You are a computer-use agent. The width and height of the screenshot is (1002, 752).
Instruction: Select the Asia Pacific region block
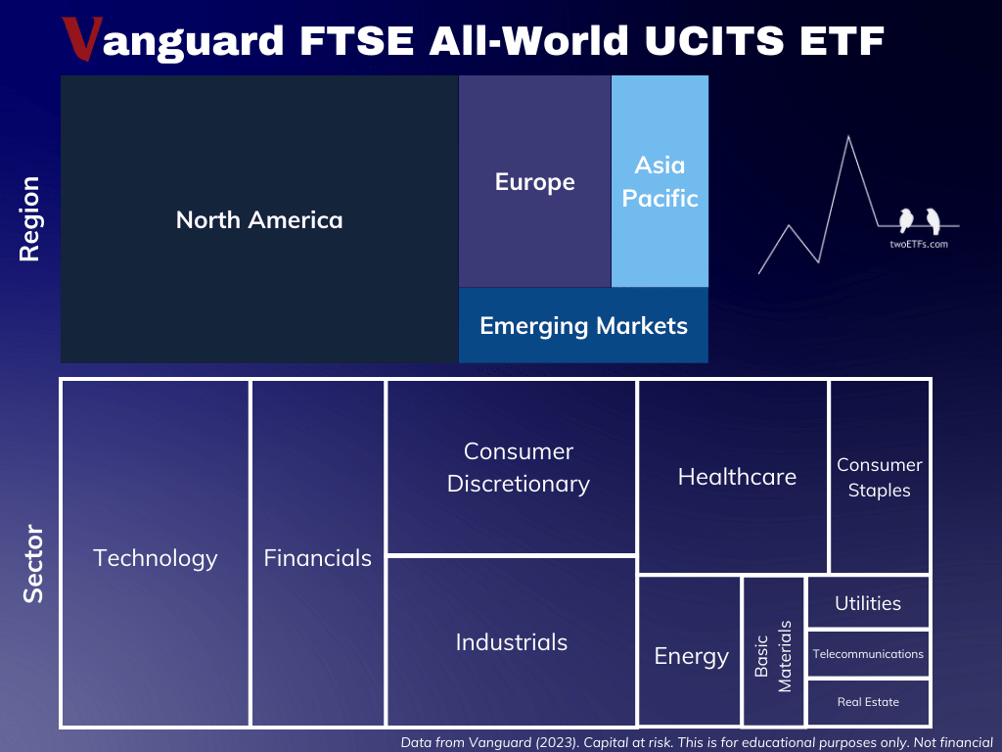click(x=660, y=181)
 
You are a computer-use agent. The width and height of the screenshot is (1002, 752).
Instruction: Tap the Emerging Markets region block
click(x=583, y=325)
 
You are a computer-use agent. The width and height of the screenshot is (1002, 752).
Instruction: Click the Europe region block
click(x=534, y=182)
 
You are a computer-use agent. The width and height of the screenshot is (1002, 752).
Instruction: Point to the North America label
click(x=259, y=219)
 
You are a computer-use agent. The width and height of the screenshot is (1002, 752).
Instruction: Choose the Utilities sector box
click(x=868, y=603)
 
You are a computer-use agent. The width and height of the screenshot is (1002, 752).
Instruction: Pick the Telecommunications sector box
click(x=868, y=654)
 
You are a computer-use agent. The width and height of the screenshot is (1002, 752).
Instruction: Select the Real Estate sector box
click(x=868, y=702)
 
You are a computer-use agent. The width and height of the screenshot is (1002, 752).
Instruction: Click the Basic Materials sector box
click(x=773, y=651)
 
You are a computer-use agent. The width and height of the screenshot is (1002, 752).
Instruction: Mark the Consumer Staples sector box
click(x=880, y=477)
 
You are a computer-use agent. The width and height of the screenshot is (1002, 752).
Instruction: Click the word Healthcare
click(x=737, y=477)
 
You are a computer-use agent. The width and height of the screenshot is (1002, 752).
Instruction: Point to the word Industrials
click(x=511, y=642)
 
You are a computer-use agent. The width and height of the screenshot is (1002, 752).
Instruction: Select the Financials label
click(x=318, y=558)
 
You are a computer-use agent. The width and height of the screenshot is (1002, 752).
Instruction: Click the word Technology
click(x=156, y=558)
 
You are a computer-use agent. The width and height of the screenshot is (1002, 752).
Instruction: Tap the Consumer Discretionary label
click(x=518, y=467)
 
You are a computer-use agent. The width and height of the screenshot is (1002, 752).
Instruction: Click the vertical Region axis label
click(x=29, y=218)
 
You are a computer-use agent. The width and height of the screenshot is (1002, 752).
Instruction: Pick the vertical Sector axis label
click(x=33, y=564)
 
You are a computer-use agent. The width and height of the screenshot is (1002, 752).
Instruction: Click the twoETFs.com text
click(x=912, y=244)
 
